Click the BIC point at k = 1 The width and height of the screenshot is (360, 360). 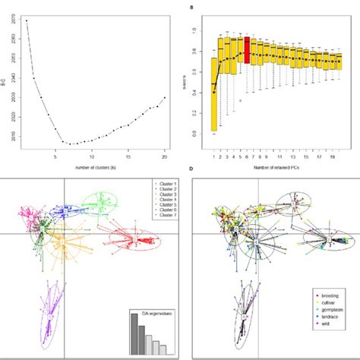(27, 21)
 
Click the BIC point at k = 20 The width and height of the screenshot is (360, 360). (165, 98)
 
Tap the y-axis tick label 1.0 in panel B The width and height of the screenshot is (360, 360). (199, 30)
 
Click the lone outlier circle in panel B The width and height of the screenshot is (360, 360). (238, 99)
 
